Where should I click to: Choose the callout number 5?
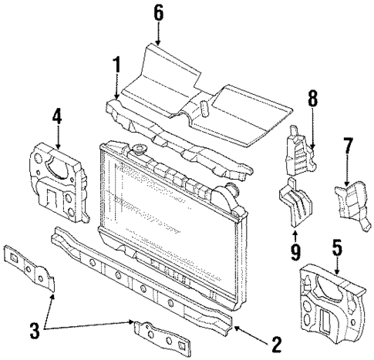(337, 247)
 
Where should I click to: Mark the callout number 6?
(158, 12)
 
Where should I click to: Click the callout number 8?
(313, 98)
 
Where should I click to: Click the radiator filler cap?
(140, 149)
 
